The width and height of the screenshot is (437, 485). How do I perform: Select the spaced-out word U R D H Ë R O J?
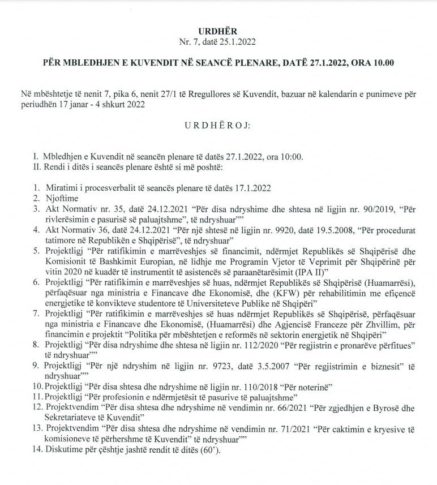coord(218,138)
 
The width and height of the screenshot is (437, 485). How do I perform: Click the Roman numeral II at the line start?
coord(40,168)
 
